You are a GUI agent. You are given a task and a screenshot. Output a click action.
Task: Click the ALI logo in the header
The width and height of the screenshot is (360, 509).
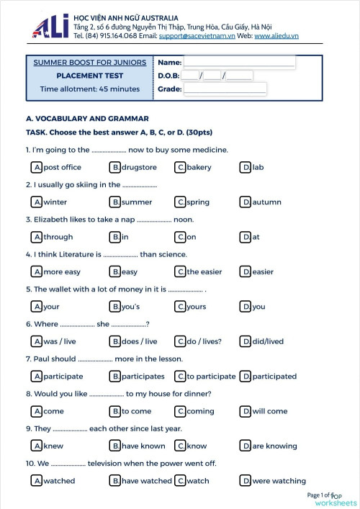coord(50,25)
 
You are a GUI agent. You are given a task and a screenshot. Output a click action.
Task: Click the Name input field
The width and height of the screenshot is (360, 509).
coord(239,63)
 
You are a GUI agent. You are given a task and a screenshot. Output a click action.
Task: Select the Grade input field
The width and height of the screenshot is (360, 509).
coord(225,89)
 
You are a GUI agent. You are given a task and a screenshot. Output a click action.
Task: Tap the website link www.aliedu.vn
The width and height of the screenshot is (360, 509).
coord(276,35)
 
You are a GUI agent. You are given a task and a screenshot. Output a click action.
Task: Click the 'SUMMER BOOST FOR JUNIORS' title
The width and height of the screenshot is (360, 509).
coord(90,63)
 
